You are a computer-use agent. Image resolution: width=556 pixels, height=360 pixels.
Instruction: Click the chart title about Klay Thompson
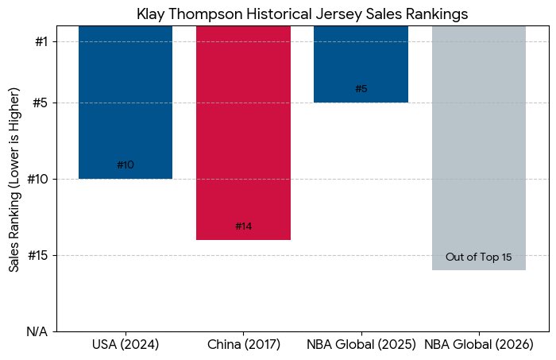pyautogui.click(x=302, y=14)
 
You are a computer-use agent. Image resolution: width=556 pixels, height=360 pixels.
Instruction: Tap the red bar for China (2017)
pyautogui.click(x=243, y=127)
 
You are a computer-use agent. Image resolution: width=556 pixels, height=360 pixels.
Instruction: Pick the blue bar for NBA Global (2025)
pyautogui.click(x=361, y=60)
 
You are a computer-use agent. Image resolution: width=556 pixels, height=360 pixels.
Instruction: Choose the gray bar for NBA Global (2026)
pyautogui.click(x=478, y=143)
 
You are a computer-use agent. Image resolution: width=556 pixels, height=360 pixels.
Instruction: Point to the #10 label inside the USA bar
pyautogui.click(x=125, y=165)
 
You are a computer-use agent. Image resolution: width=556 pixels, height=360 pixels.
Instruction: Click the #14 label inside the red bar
pyautogui.click(x=243, y=226)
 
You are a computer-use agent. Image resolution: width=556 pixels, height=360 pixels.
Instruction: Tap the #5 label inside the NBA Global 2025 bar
pyautogui.click(x=361, y=89)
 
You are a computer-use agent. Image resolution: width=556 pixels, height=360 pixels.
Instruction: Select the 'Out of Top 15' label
pyautogui.click(x=478, y=257)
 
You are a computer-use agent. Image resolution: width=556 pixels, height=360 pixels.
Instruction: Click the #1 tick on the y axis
pyautogui.click(x=43, y=41)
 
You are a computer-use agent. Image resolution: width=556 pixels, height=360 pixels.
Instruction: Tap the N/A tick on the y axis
pyautogui.click(x=37, y=331)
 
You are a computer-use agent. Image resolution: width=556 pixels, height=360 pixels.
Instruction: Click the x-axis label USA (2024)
pyautogui.click(x=125, y=345)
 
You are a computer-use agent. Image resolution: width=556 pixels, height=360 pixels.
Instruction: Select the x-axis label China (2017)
pyautogui.click(x=243, y=345)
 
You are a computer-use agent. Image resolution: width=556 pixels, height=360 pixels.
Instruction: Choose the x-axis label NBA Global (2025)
pyautogui.click(x=361, y=345)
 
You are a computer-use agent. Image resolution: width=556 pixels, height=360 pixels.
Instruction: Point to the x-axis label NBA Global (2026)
pyautogui.click(x=478, y=345)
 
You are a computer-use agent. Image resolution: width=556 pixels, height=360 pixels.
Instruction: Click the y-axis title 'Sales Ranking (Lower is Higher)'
pyautogui.click(x=14, y=179)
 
